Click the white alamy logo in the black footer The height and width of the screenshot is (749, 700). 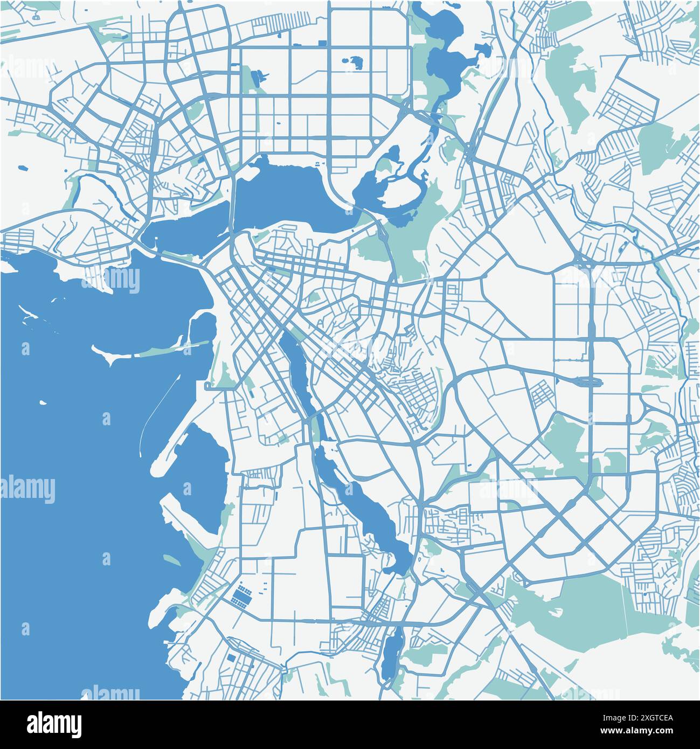click(x=54, y=724)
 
